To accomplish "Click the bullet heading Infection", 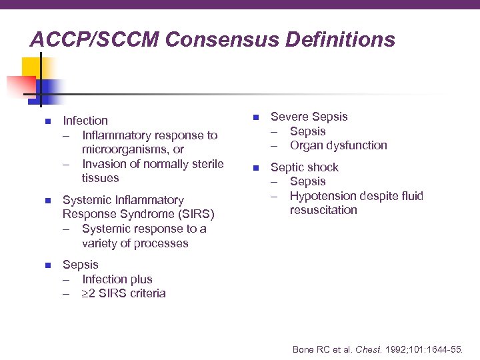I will pyautogui.click(x=85, y=121).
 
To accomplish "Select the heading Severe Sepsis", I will pyautogui.click(x=309, y=117).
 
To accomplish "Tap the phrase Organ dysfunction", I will pyautogui.click(x=338, y=145).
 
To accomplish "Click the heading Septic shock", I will pyautogui.click(x=304, y=167).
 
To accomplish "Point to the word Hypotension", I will pyautogui.click(x=322, y=196).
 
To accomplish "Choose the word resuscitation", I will pyautogui.click(x=323, y=210).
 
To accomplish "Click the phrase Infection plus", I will pyautogui.click(x=117, y=279).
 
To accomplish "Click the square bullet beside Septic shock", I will pyautogui.click(x=255, y=167).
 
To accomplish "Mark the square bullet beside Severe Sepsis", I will pyautogui.click(x=255, y=117).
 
